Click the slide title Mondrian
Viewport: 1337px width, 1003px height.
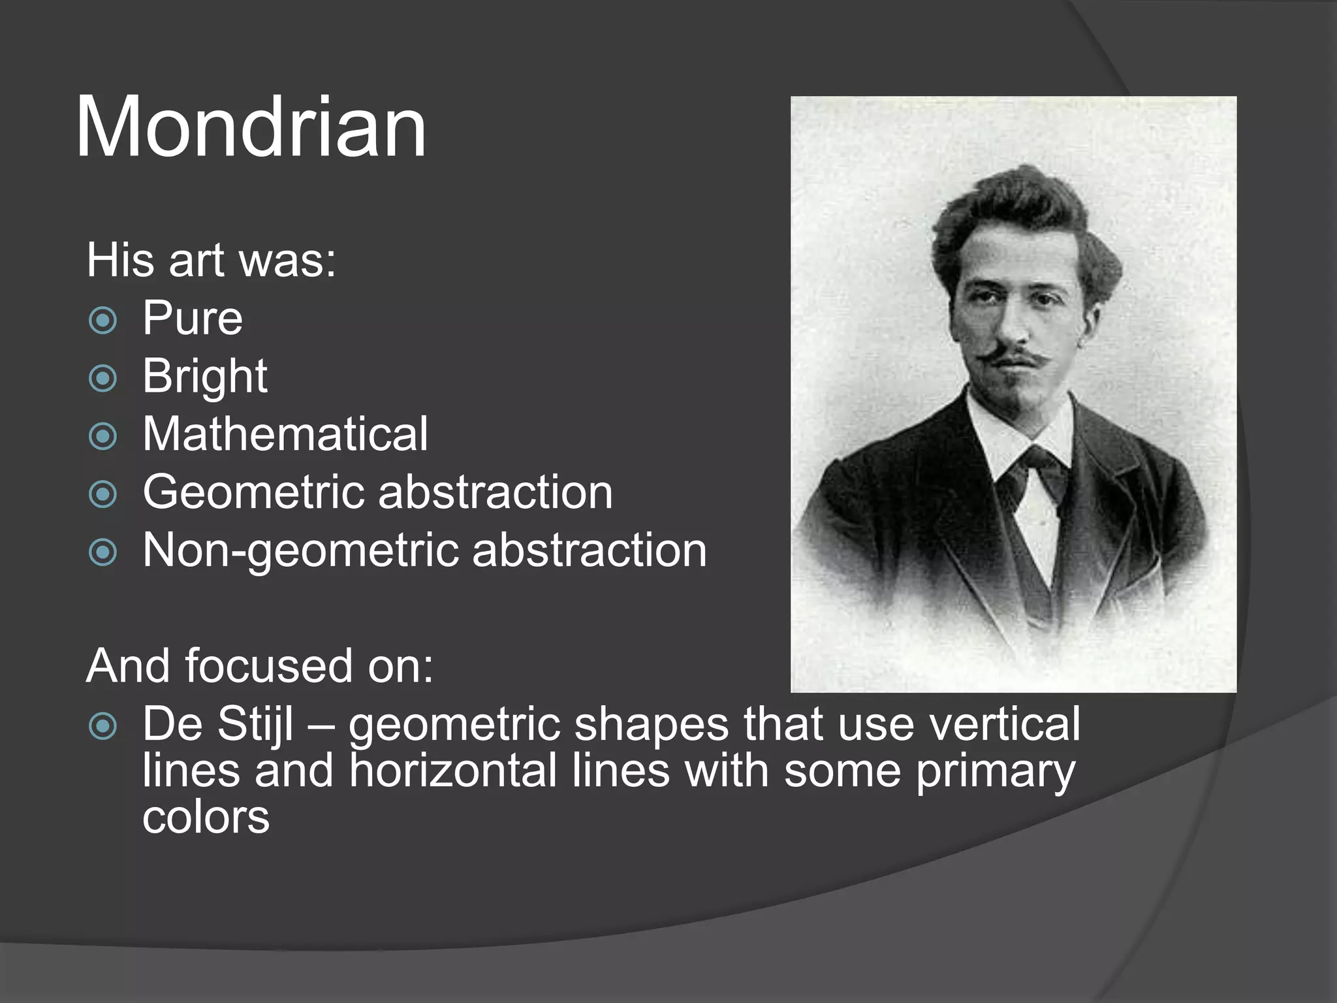click(251, 127)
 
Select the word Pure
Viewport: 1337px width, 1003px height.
click(193, 319)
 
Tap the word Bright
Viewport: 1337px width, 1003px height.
click(204, 377)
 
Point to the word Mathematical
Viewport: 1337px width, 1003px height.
click(285, 434)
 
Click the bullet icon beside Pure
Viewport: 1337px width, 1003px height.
click(102, 321)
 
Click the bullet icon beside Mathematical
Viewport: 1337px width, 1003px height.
click(102, 436)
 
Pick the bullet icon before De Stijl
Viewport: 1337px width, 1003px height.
click(102, 726)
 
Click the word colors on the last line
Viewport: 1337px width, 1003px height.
click(206, 818)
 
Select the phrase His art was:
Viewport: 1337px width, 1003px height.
click(211, 261)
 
